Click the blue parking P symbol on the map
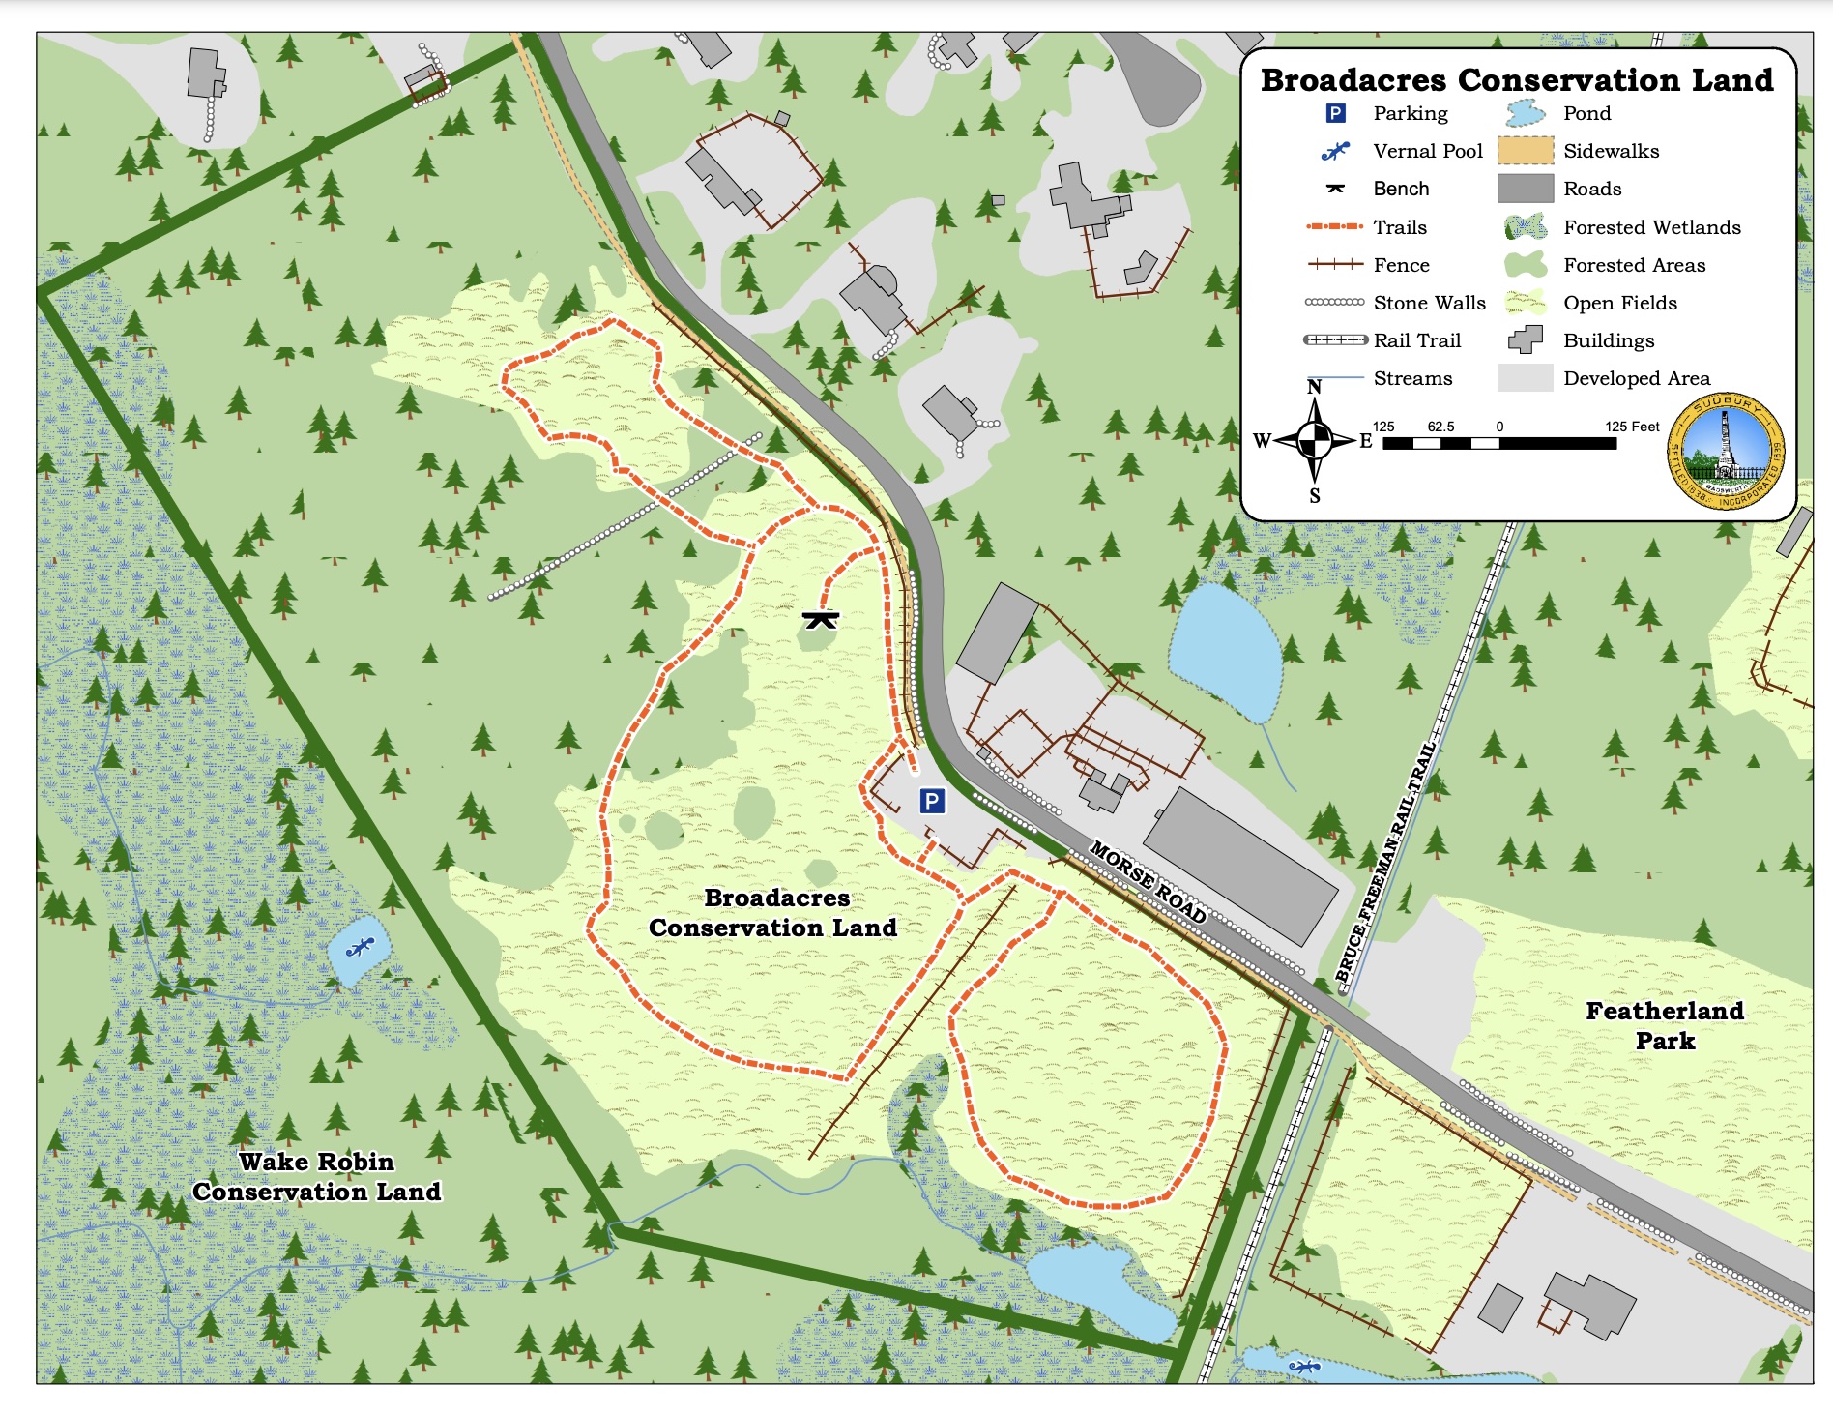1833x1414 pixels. [x=931, y=801]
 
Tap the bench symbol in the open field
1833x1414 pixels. [x=820, y=619]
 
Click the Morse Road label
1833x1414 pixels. [x=1148, y=881]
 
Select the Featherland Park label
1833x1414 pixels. [x=1665, y=1025]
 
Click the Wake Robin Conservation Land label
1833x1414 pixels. [x=316, y=1176]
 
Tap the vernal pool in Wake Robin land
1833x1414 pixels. [x=359, y=948]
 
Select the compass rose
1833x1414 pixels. [x=1314, y=441]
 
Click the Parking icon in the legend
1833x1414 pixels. [x=1335, y=114]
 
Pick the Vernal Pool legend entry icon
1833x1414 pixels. [x=1335, y=152]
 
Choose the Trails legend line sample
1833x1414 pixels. [x=1334, y=226]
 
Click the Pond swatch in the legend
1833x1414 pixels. [x=1525, y=113]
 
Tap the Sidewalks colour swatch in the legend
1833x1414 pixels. [x=1525, y=151]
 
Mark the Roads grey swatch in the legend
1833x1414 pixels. [x=1525, y=189]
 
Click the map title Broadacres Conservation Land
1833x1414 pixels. [x=1516, y=79]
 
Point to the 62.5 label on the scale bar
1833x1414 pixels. [x=1440, y=427]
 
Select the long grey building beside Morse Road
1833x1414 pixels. [x=1240, y=866]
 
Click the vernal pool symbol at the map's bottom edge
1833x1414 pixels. [x=1305, y=1367]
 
